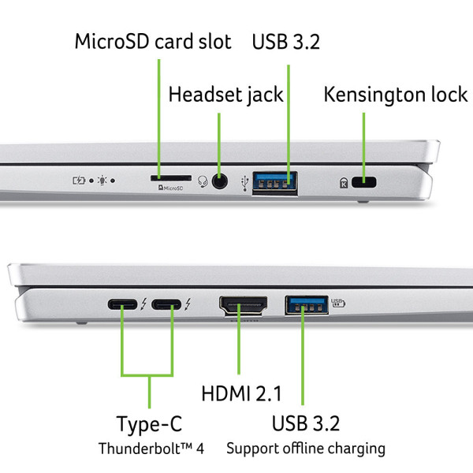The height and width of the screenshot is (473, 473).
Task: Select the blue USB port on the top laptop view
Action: click(275, 182)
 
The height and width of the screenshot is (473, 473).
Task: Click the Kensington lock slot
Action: click(364, 183)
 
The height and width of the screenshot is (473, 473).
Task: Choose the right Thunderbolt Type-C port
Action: click(166, 304)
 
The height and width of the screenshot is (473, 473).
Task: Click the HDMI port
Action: click(243, 304)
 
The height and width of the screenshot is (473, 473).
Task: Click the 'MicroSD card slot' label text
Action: click(153, 41)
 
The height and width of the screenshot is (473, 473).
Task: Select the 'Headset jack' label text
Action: click(225, 95)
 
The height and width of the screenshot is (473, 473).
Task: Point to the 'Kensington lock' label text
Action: click(395, 95)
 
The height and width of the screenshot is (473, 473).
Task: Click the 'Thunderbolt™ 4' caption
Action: click(151, 449)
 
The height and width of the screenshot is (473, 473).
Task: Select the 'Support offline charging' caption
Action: click(306, 449)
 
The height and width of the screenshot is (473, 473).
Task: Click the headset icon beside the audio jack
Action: click(202, 182)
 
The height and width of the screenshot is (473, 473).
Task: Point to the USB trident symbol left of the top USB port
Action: click(246, 182)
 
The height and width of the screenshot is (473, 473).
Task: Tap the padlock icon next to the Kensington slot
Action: click(344, 183)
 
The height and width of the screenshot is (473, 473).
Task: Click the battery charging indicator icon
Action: click(79, 181)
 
